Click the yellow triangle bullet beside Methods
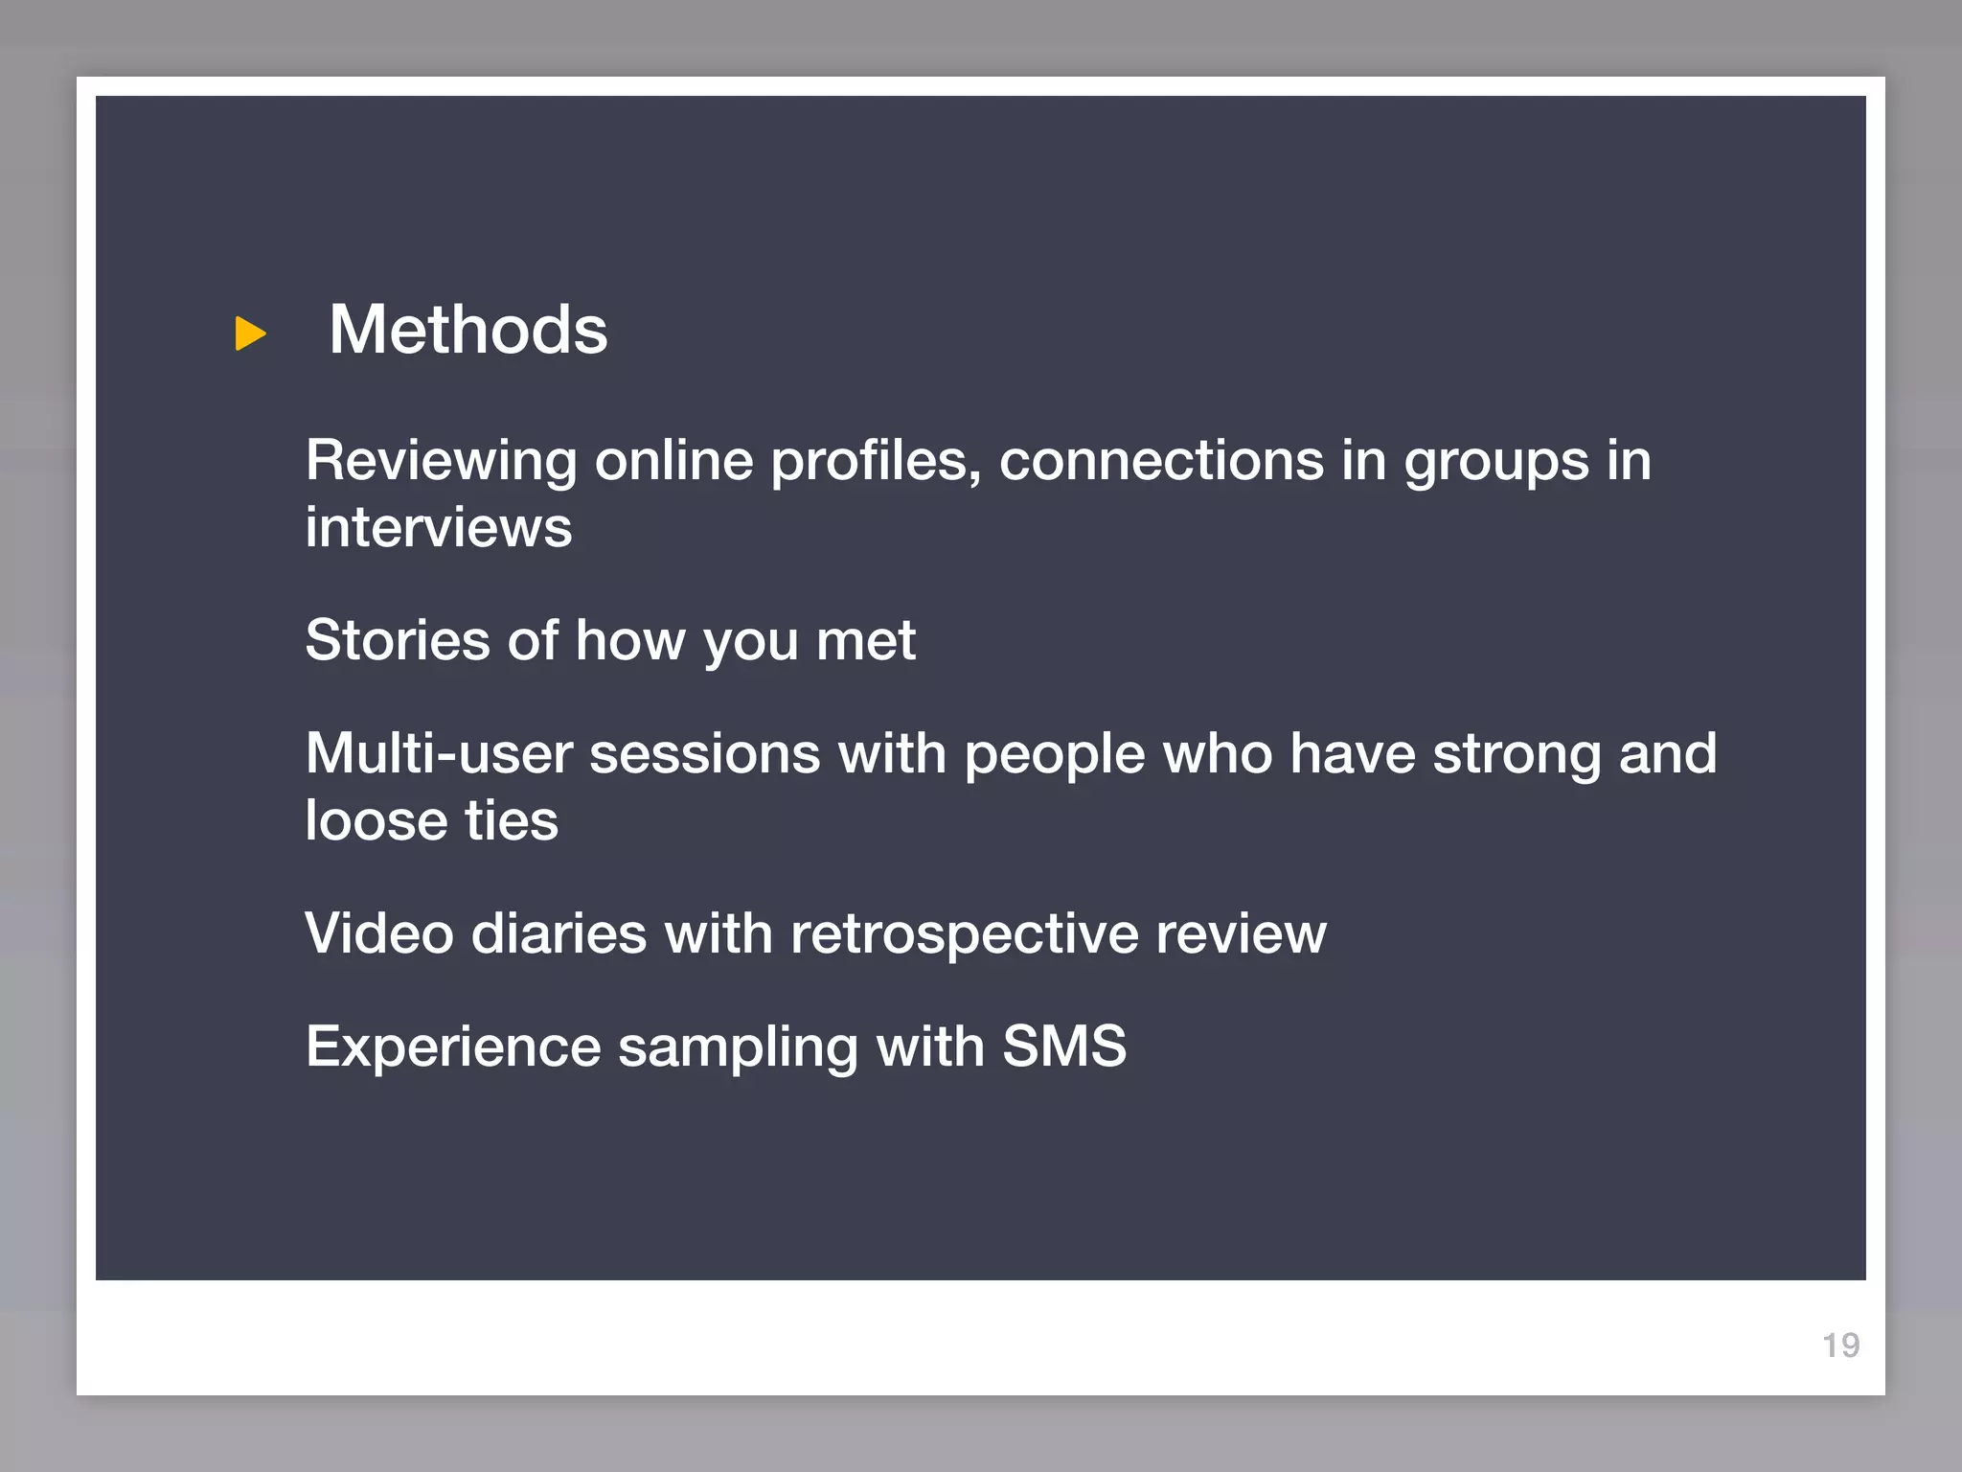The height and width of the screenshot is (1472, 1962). [x=250, y=333]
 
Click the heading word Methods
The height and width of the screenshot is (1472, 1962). [x=468, y=330]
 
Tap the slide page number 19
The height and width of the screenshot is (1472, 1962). [x=1840, y=1345]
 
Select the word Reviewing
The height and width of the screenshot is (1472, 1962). [x=441, y=462]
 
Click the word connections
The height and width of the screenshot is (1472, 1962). [x=1161, y=460]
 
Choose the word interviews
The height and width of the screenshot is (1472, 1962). [x=439, y=528]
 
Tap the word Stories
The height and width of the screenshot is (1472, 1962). [x=398, y=640]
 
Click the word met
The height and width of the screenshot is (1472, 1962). [x=866, y=642]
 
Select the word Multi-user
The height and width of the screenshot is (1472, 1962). [x=439, y=753]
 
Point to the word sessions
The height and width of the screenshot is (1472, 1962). [x=704, y=754]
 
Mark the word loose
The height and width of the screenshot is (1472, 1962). [x=376, y=821]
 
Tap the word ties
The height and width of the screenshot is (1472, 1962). [x=512, y=821]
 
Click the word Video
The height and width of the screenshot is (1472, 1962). [x=379, y=933]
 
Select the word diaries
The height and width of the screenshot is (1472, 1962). [x=559, y=933]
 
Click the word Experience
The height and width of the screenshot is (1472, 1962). [x=453, y=1046]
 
